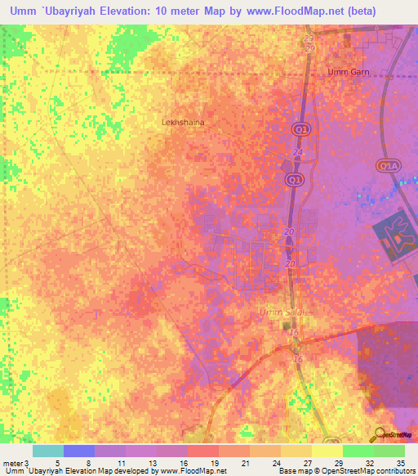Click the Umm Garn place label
pyautogui.click(x=349, y=72)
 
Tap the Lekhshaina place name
pyautogui.click(x=184, y=121)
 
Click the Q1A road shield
pyautogui.click(x=387, y=166)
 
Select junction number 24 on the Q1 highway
pyautogui.click(x=297, y=153)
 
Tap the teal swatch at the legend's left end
pyautogui.click(x=47, y=451)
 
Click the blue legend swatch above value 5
pyautogui.click(x=78, y=451)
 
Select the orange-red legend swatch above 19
pyautogui.click(x=202, y=451)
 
